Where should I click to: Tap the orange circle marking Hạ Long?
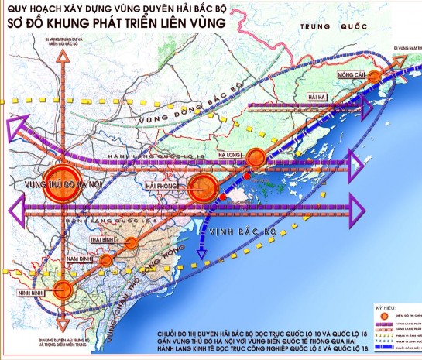(255, 156)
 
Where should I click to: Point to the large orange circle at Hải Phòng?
(204, 187)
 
